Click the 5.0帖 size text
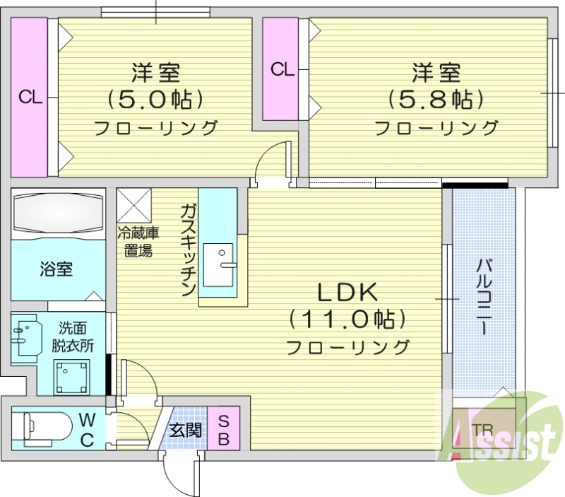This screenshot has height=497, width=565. (x=155, y=98)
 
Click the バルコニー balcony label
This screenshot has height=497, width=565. (x=484, y=297)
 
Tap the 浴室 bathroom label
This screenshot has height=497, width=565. (x=56, y=269)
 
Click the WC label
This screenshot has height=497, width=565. (x=87, y=428)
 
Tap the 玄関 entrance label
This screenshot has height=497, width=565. (x=186, y=429)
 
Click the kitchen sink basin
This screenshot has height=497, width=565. (x=218, y=262)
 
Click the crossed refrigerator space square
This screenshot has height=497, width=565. (x=133, y=205)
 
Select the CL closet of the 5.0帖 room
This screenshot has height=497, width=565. (x=29, y=98)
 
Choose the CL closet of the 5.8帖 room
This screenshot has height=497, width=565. (x=281, y=69)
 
